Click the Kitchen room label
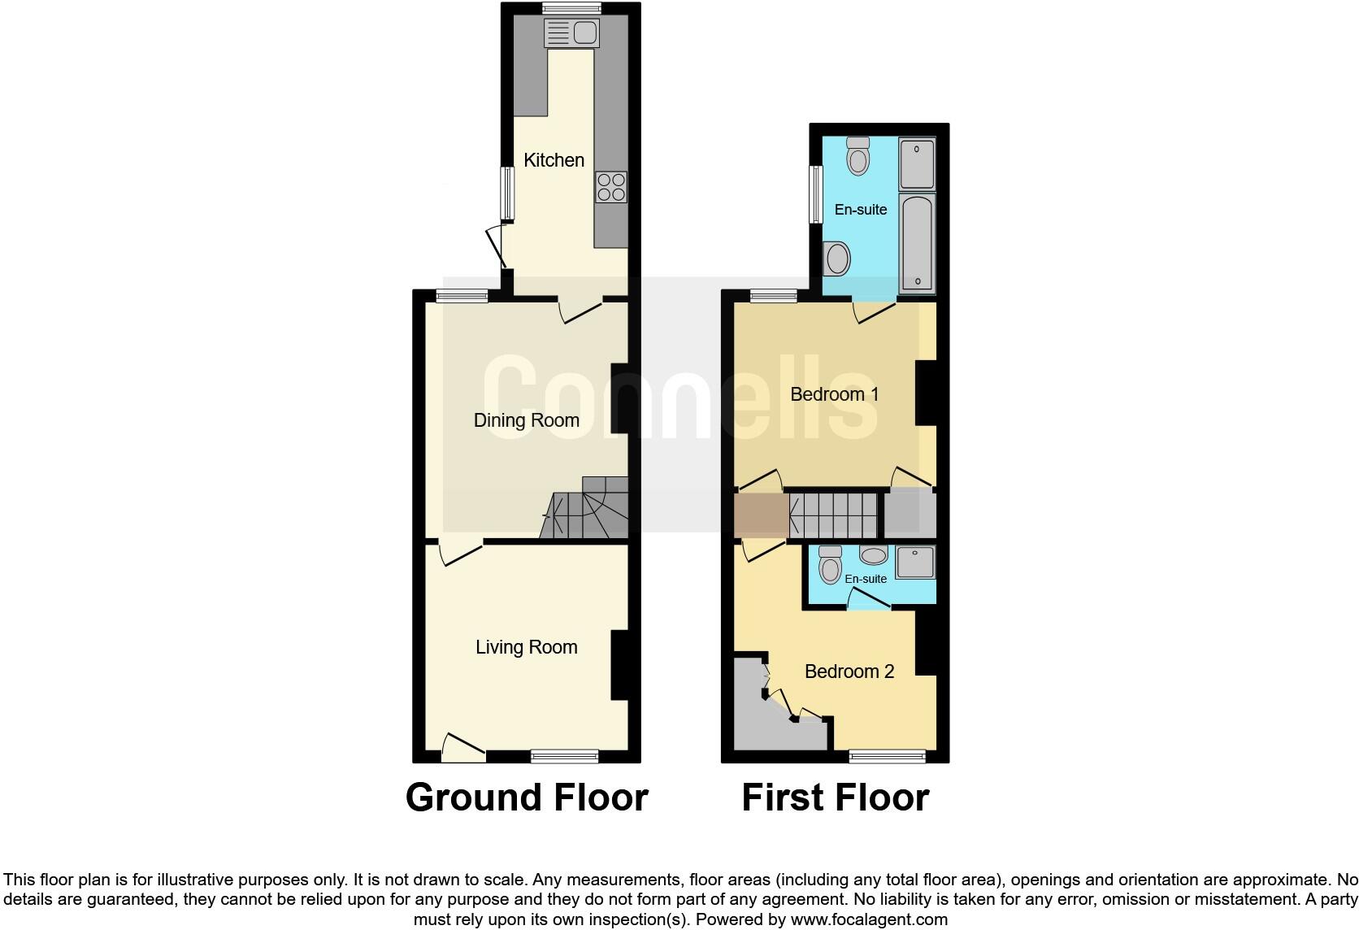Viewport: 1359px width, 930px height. (x=554, y=160)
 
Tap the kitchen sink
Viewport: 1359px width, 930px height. (x=571, y=33)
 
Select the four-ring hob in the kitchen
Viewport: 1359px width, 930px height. (x=611, y=187)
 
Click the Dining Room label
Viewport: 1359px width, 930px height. (x=527, y=420)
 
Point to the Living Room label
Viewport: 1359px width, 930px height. (x=527, y=647)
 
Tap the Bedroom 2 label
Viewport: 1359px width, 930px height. (x=849, y=671)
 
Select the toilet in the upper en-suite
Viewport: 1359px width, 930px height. (x=858, y=156)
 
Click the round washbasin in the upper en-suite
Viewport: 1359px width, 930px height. (x=837, y=259)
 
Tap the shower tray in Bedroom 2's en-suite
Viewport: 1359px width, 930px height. (x=915, y=563)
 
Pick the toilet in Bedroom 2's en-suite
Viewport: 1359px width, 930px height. (x=830, y=564)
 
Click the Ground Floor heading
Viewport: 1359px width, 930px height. (x=527, y=797)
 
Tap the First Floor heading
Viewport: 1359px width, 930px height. (x=835, y=797)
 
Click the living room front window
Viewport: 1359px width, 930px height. (x=564, y=757)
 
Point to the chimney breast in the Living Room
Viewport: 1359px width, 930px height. (x=619, y=665)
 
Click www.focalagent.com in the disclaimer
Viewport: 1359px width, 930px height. (x=867, y=919)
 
